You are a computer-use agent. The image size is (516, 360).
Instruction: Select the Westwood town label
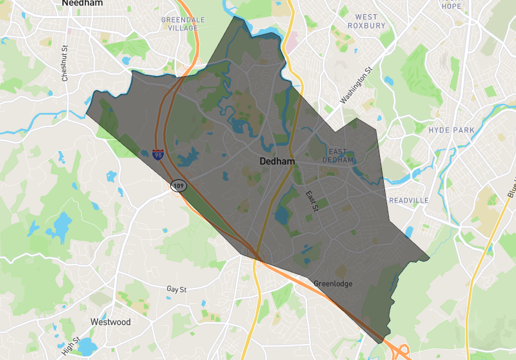(x=110, y=322)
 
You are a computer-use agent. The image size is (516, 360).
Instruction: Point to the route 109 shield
(x=179, y=186)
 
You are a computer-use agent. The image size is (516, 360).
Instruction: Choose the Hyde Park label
(x=451, y=130)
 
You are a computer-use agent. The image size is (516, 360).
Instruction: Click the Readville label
(x=408, y=201)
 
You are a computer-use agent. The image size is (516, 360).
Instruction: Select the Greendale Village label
(x=183, y=24)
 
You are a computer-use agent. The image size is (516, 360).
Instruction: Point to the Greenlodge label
(x=333, y=284)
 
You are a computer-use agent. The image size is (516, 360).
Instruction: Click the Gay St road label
(x=176, y=290)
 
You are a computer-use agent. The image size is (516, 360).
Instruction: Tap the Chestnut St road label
(x=64, y=63)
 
